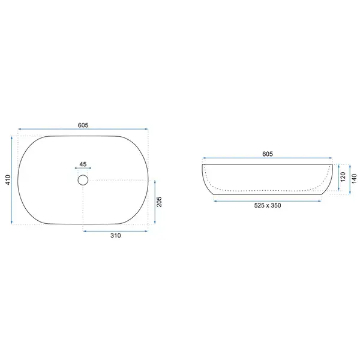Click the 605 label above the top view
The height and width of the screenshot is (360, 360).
[x=83, y=125]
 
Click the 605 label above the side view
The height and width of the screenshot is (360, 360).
[x=268, y=154]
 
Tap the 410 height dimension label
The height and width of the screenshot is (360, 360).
[x=8, y=180]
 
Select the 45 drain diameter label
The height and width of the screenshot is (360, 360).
[x=83, y=164]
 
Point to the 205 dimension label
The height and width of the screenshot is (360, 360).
[x=160, y=202]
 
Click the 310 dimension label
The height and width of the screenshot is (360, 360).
[x=115, y=235]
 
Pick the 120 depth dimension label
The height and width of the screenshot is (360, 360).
[x=343, y=177]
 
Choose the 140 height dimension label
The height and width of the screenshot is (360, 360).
[x=354, y=178]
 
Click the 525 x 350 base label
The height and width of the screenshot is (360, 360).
[x=268, y=205]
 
